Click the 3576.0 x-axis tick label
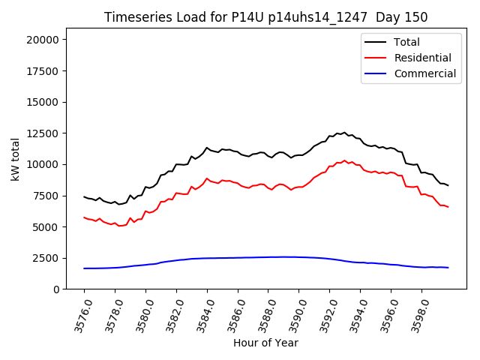79,313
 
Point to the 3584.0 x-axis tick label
201,313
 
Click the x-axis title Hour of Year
265,343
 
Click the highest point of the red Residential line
345,160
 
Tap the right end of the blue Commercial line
448,268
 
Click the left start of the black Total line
84,196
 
